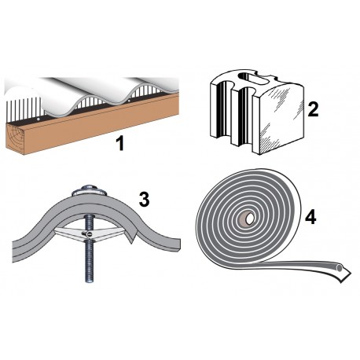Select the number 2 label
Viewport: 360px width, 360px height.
coord(312,109)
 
